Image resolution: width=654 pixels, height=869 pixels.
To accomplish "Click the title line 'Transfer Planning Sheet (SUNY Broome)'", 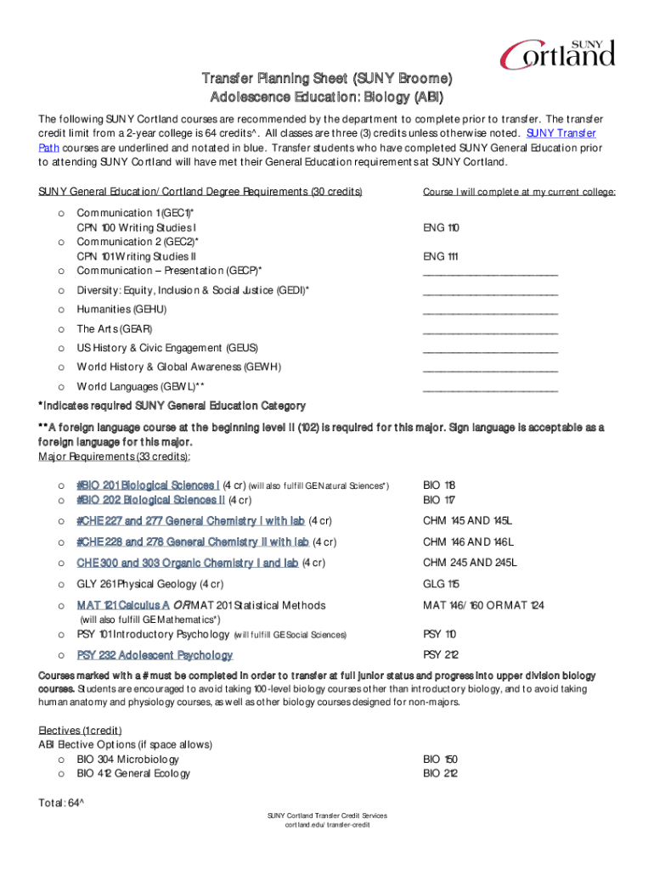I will [x=327, y=79].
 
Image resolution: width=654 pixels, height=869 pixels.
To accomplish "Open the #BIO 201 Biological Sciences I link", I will [x=149, y=485].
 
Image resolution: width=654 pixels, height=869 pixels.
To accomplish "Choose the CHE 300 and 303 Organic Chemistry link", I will [x=187, y=563].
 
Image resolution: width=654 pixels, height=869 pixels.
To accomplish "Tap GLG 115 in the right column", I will [x=441, y=584].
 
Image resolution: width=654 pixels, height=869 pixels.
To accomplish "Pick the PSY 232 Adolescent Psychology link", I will [x=155, y=655].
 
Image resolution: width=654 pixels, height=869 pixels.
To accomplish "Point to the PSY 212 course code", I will [x=440, y=654].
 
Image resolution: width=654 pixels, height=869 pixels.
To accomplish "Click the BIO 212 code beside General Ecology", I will [x=440, y=773].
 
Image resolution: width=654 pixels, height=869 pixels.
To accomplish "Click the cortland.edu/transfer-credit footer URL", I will [x=327, y=825].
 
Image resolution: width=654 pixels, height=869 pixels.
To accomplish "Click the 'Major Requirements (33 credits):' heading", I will [x=108, y=457].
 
